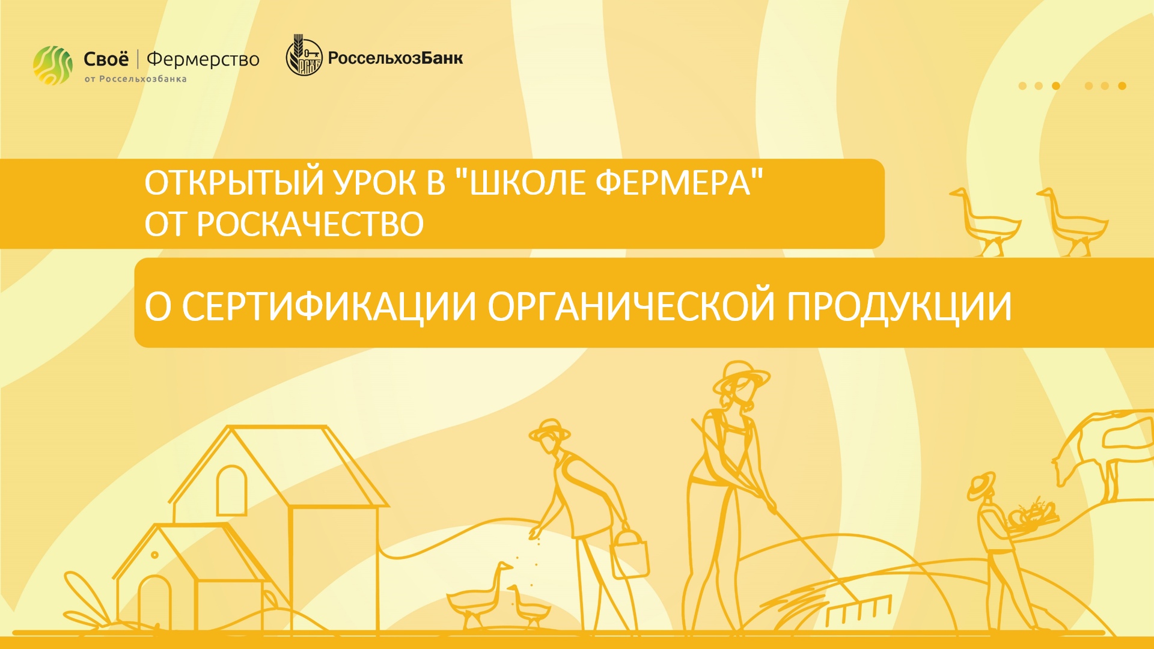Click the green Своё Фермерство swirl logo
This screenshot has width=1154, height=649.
tap(53, 65)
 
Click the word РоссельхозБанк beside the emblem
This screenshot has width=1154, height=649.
tap(395, 58)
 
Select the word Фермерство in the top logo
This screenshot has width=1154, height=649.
tap(203, 59)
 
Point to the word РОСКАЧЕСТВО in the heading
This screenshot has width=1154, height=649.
tap(310, 224)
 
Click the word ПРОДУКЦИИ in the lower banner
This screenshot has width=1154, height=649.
tap(899, 306)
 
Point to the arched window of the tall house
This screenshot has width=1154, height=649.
tap(231, 490)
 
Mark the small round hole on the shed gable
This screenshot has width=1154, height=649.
tap(154, 555)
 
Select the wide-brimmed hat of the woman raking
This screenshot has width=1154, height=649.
tap(740, 376)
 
